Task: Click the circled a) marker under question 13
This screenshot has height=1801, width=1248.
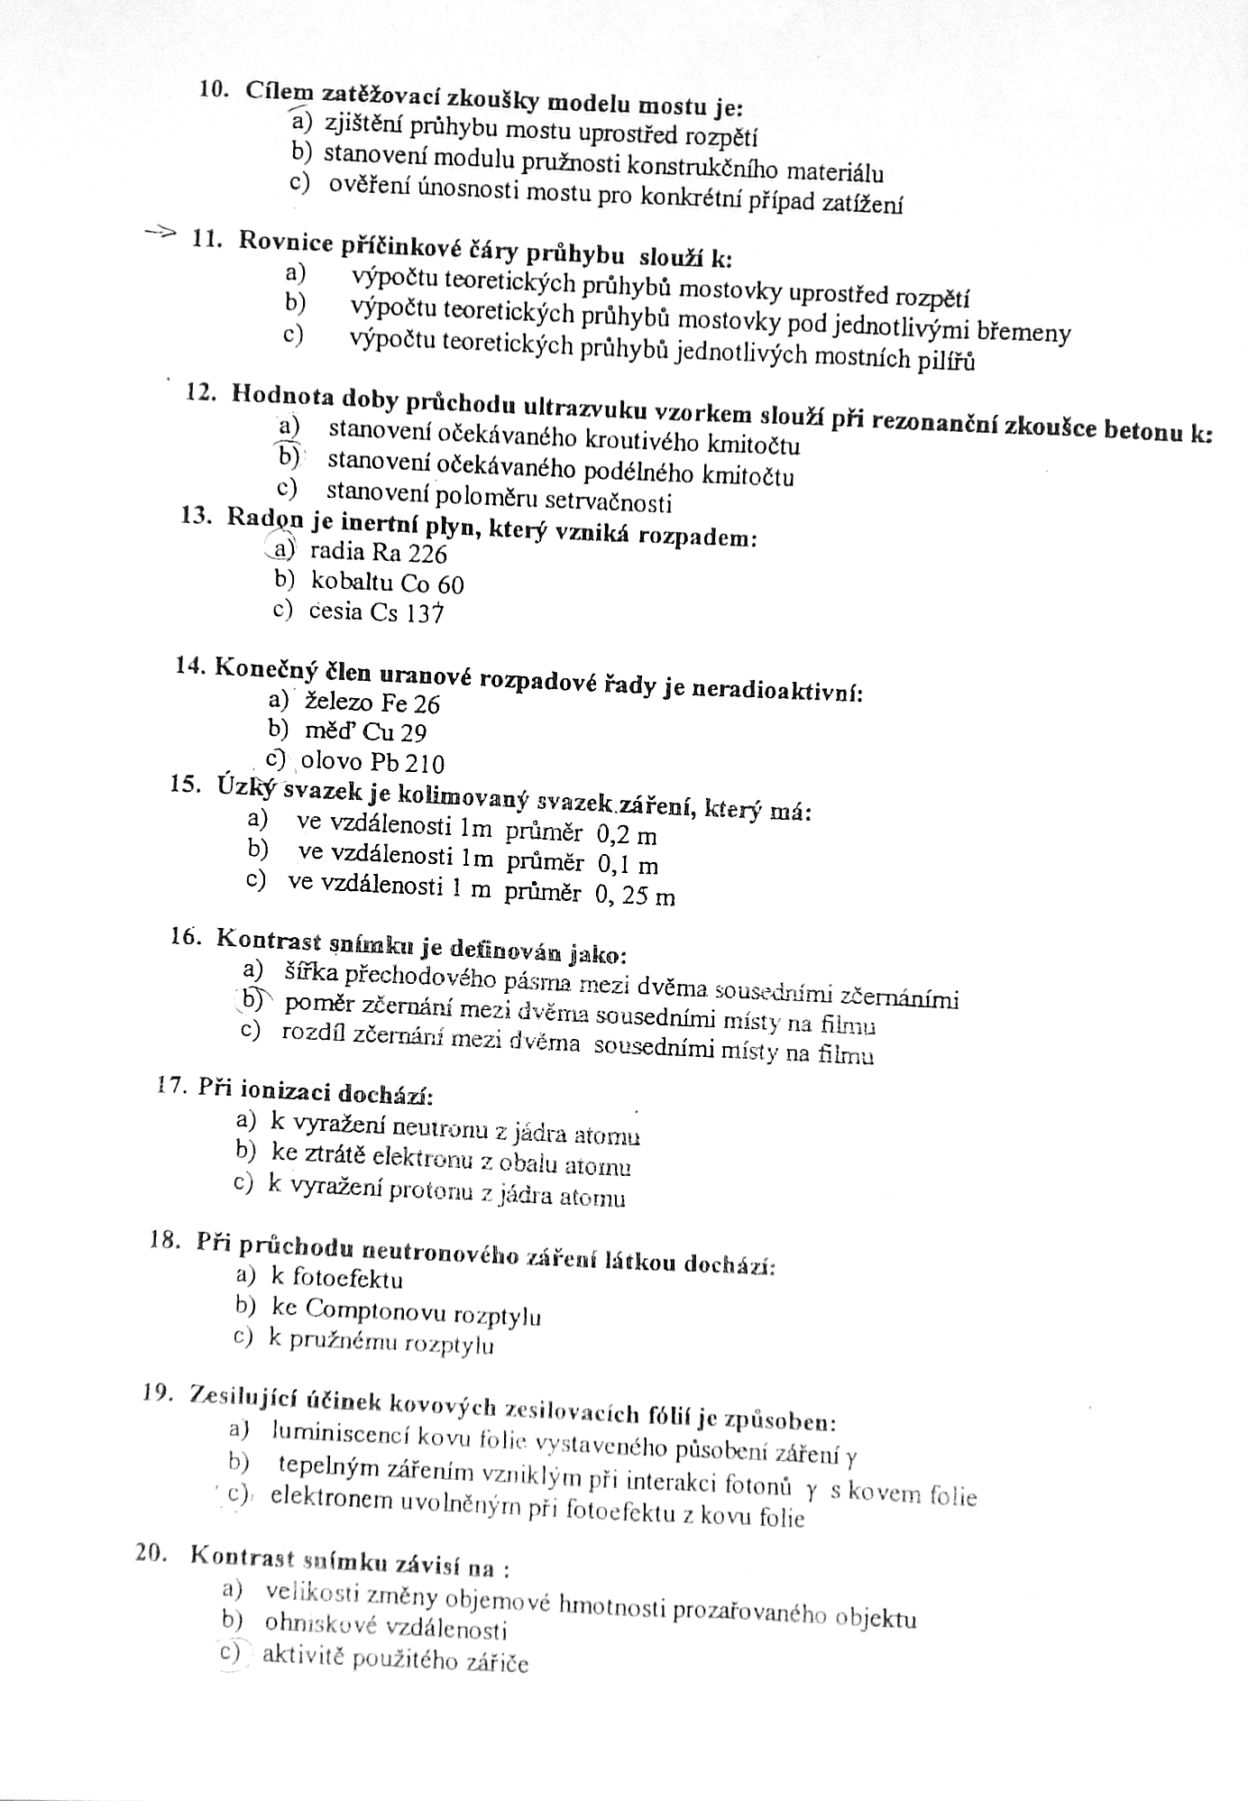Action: [283, 548]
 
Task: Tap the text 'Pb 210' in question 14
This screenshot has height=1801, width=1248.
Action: [409, 763]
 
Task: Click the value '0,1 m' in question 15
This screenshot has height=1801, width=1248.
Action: [628, 865]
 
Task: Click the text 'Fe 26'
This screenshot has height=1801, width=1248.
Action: [410, 703]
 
